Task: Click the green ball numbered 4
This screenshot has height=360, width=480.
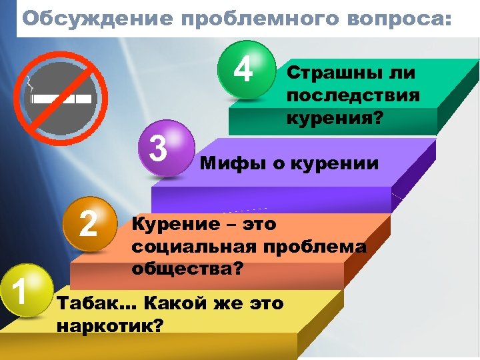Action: [246, 69]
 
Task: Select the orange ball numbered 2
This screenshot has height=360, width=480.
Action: [89, 224]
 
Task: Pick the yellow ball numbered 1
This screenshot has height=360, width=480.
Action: [24, 291]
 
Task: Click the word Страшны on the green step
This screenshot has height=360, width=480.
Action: [331, 72]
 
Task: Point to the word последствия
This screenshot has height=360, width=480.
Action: [353, 95]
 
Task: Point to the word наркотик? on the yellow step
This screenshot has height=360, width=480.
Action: [111, 327]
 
